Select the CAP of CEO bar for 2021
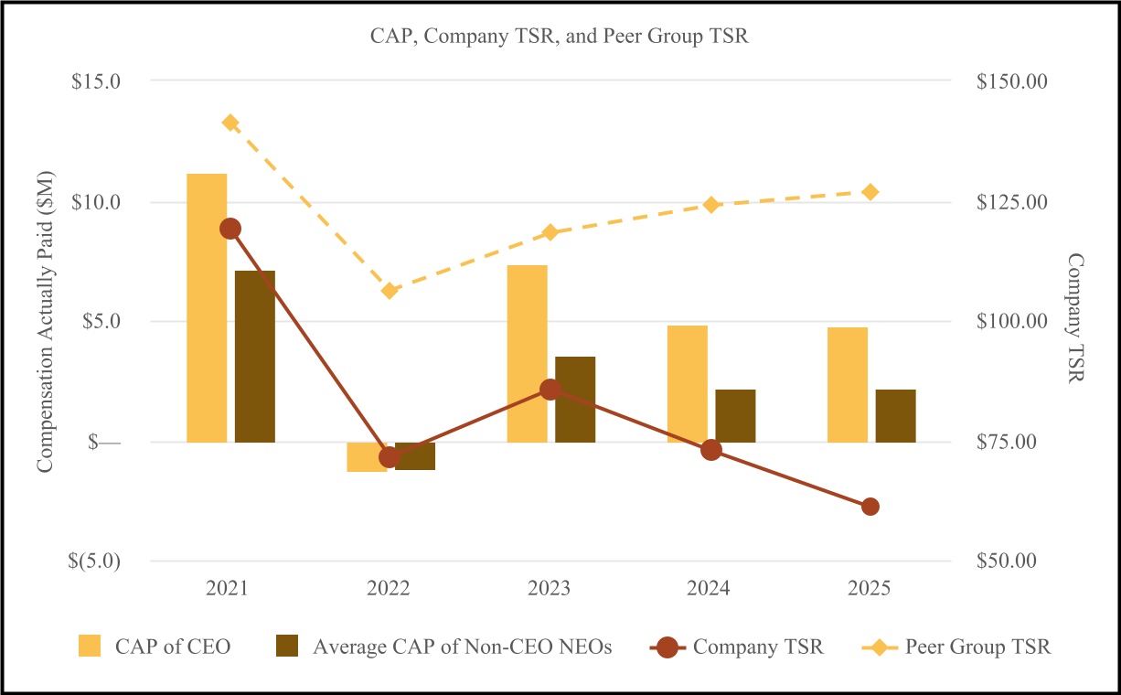pos(207,307)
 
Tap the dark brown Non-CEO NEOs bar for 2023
pos(575,400)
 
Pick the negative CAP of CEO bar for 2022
pos(367,456)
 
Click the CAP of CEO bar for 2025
pos(848,385)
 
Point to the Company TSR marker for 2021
pos(230,229)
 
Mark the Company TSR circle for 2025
pos(870,507)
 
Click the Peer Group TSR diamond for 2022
pos(390,291)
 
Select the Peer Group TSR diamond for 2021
pos(230,123)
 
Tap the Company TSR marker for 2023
pos(550,390)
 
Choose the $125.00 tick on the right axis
pos(1010,202)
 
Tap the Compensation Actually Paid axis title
pos(47,321)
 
